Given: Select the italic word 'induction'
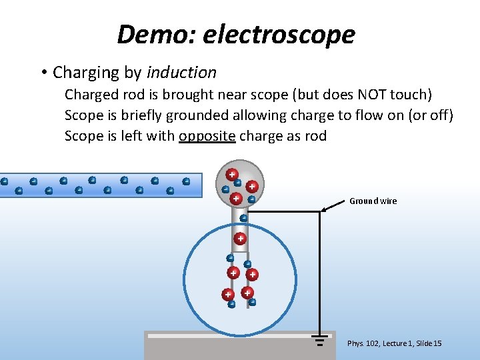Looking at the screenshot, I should [x=181, y=72].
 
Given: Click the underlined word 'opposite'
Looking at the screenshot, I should [x=207, y=136].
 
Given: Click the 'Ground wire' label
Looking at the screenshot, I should [x=373, y=201].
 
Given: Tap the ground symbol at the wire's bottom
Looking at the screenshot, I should [x=319, y=342].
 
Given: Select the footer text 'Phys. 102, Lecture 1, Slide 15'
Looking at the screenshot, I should [x=394, y=343].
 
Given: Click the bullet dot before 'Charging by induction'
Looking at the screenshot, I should [x=42, y=72].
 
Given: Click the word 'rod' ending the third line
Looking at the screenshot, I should [x=316, y=136].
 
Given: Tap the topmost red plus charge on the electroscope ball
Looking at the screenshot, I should [x=231, y=174].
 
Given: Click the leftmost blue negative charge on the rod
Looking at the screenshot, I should [x=4, y=181].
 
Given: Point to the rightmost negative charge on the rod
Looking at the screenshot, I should [x=186, y=181].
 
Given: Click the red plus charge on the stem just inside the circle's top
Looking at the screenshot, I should [x=240, y=238].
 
